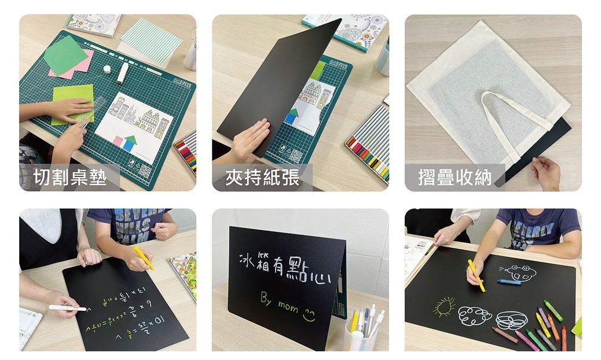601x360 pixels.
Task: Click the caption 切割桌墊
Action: point(70,177)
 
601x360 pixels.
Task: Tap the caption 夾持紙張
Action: point(262,177)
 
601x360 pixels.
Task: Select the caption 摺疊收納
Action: point(455,177)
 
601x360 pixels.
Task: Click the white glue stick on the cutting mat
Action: point(123,73)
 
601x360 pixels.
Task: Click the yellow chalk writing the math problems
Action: point(144,258)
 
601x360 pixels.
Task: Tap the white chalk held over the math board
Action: point(67,308)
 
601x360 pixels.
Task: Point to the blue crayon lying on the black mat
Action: point(508,282)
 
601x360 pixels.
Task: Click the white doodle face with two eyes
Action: point(518,272)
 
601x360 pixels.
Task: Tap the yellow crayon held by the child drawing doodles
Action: point(476,275)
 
